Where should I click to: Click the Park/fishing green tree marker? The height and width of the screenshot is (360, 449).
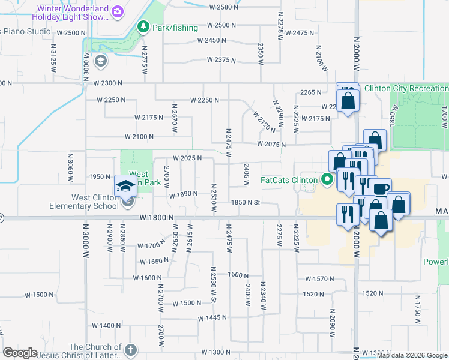[x=143, y=26]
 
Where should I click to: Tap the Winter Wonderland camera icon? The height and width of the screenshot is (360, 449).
[x=118, y=11]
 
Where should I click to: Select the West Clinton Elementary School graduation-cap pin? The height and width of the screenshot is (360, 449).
[x=126, y=186]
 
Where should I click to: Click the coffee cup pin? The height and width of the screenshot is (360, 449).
[x=380, y=188]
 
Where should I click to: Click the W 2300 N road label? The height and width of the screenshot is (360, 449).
[x=105, y=83]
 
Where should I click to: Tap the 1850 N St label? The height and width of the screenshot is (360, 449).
[x=246, y=202]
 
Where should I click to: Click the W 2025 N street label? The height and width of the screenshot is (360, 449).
[x=186, y=158]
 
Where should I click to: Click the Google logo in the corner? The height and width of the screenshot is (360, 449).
[x=20, y=353]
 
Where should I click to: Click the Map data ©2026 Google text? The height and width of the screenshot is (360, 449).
[x=412, y=356]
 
